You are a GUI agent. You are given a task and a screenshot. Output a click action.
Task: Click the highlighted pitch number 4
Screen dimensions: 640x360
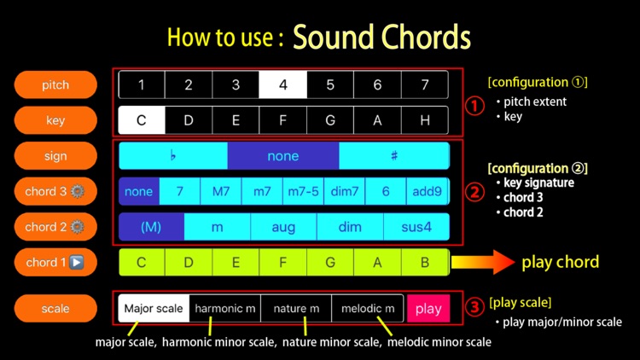(x=282, y=84)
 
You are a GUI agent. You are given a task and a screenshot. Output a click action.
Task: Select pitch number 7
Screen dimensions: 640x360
(x=425, y=84)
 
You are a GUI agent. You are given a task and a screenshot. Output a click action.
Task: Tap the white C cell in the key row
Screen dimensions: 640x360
(x=142, y=120)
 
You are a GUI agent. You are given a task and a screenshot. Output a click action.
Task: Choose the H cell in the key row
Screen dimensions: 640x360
(x=425, y=120)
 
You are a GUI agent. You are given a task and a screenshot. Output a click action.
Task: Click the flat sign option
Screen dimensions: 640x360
(x=173, y=155)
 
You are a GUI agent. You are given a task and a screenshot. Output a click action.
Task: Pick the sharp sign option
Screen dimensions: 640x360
(x=394, y=155)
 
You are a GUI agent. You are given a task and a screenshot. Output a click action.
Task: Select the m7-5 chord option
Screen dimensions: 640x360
(x=303, y=191)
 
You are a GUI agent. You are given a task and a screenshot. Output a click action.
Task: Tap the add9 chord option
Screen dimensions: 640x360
(x=428, y=191)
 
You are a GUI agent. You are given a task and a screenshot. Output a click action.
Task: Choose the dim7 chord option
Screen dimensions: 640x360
(x=345, y=191)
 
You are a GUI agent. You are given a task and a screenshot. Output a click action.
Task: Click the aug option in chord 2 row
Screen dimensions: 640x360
(x=283, y=227)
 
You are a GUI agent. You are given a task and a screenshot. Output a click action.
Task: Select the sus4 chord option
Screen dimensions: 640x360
(x=416, y=227)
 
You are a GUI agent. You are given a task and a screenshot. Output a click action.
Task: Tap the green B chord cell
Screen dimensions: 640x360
(x=425, y=262)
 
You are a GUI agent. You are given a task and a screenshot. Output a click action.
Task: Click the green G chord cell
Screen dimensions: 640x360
(x=330, y=262)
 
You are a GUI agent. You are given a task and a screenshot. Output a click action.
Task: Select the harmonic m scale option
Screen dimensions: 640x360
(x=225, y=308)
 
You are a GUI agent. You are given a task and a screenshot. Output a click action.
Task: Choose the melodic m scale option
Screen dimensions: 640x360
(x=368, y=308)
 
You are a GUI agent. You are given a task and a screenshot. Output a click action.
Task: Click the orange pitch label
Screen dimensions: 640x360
(x=55, y=85)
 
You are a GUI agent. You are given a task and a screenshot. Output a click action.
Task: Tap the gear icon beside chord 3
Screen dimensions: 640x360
(x=77, y=191)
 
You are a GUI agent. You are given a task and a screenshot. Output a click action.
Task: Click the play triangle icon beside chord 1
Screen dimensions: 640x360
(x=76, y=262)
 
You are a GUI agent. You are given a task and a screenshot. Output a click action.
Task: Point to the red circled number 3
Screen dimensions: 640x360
(x=474, y=307)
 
